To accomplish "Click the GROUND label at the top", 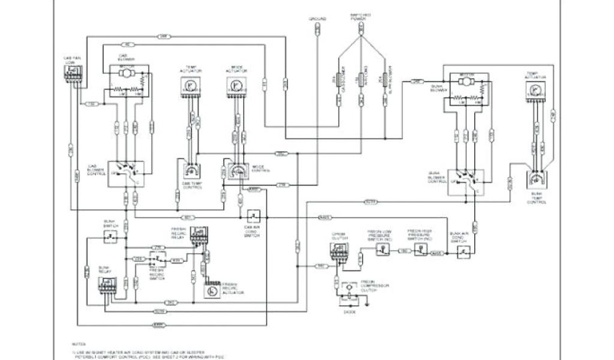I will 318,19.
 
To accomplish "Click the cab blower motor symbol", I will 127,73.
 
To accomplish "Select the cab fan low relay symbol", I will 72,72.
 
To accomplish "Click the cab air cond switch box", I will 254,215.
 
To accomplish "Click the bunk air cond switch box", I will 462,253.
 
